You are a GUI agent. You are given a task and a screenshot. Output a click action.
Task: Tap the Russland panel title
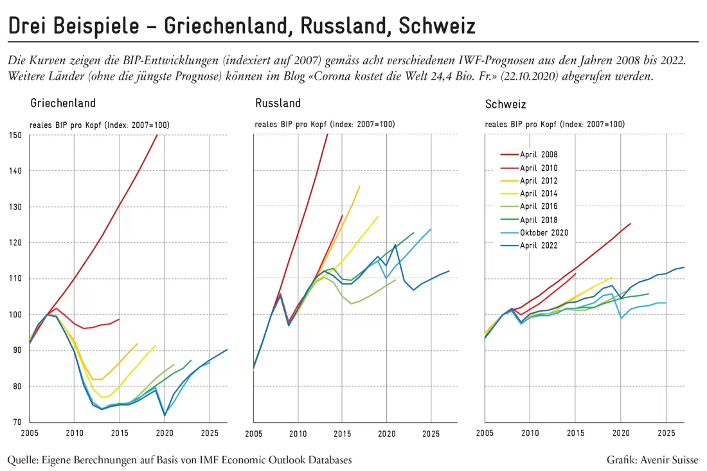(x=278, y=103)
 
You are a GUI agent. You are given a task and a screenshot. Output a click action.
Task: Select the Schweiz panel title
(x=505, y=105)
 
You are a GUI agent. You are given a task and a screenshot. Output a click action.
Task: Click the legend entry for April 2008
(x=529, y=155)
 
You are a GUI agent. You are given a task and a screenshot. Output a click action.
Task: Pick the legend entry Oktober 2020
(x=534, y=233)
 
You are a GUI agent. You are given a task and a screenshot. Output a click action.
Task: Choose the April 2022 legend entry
(x=529, y=245)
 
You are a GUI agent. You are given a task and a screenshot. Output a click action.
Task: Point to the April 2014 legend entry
(x=529, y=194)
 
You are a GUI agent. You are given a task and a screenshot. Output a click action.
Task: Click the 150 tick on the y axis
(x=15, y=135)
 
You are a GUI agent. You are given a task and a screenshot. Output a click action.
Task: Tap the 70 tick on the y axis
(x=17, y=422)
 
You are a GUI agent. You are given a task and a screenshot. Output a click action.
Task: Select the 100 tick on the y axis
(x=15, y=315)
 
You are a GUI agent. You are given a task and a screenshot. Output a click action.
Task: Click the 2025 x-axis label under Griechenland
(x=210, y=433)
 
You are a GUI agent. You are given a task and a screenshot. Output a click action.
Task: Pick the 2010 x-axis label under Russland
(x=298, y=434)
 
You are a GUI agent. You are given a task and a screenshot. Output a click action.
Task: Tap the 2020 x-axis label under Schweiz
(x=621, y=433)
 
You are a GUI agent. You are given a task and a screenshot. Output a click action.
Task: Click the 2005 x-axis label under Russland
(x=253, y=434)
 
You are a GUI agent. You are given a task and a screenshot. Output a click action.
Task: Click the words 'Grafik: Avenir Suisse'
(x=652, y=460)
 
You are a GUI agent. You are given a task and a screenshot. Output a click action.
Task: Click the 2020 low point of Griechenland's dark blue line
(x=165, y=416)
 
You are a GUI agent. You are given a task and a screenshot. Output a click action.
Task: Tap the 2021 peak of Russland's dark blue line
(x=395, y=245)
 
